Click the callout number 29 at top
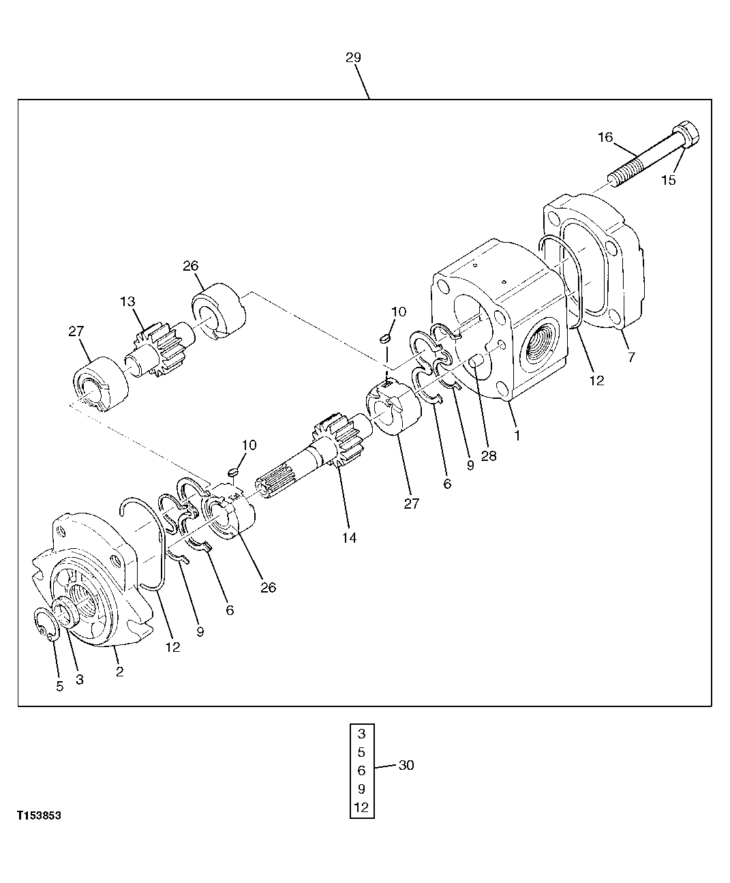[353, 57]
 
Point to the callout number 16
[605, 137]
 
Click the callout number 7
[631, 357]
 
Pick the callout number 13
[128, 301]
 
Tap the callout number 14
[349, 537]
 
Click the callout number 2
[119, 672]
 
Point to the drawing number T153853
[40, 815]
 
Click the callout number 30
[406, 765]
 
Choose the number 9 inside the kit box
[361, 789]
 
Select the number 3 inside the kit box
[361, 734]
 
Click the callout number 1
[517, 434]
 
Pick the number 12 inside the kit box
[361, 807]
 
